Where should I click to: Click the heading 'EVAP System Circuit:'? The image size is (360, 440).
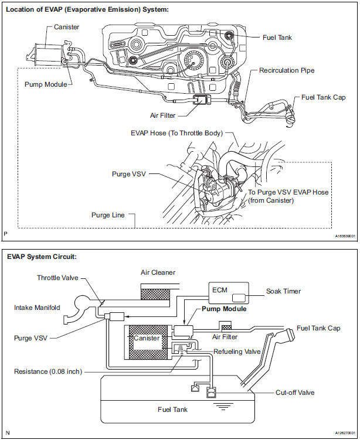pyautogui.click(x=42, y=257)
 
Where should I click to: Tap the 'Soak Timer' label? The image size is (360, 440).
pyautogui.click(x=284, y=291)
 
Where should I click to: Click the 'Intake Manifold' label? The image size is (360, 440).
pyautogui.click(x=37, y=307)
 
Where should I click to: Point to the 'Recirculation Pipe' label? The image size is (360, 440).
pyautogui.click(x=287, y=70)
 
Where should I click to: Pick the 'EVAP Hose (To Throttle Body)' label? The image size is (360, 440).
pyautogui.click(x=176, y=133)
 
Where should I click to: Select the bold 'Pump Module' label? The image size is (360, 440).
pyautogui.click(x=224, y=309)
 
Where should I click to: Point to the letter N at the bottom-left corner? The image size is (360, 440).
pyautogui.click(x=7, y=433)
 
